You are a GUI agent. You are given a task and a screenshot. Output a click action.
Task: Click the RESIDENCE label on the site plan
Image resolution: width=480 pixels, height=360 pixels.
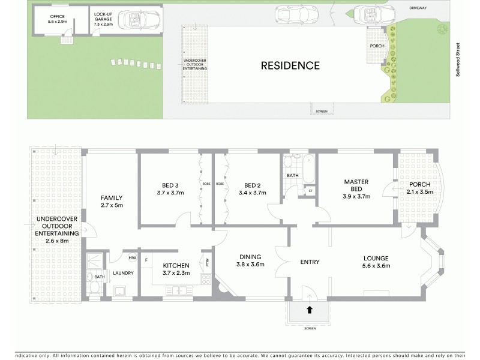tap(290, 65)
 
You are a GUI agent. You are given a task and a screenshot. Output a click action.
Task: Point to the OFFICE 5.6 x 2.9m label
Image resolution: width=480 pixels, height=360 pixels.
tap(50, 19)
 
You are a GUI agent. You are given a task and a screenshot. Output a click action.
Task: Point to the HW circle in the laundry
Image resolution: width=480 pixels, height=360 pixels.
tap(132, 257)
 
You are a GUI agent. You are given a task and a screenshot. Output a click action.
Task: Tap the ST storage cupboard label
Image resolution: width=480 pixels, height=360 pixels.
tap(310, 191)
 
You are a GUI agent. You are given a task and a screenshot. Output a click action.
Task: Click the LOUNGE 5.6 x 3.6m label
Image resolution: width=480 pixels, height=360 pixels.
tap(376, 262)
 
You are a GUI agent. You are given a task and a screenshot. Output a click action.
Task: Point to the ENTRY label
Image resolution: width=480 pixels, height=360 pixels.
tap(309, 262)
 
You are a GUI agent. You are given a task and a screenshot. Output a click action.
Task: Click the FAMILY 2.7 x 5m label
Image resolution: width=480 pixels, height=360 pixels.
tap(112, 201)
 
